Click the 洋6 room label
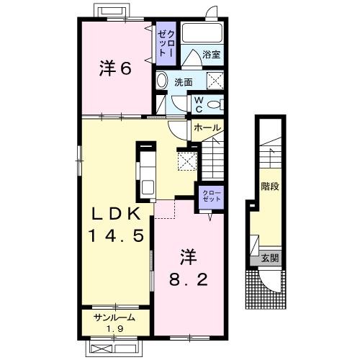click(x=115, y=68)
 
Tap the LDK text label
click(x=117, y=213)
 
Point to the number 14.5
click(x=117, y=235)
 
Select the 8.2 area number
click(x=189, y=279)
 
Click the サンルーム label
click(x=114, y=318)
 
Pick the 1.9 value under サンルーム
click(x=115, y=329)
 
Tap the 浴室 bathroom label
click(x=211, y=55)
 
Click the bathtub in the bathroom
click(x=202, y=33)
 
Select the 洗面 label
click(x=184, y=82)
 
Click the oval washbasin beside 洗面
click(x=162, y=81)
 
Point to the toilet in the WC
click(x=215, y=104)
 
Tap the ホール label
click(x=207, y=127)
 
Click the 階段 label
click(x=270, y=186)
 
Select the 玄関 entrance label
click(x=270, y=258)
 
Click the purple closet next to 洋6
click(x=166, y=43)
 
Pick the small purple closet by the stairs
click(x=212, y=197)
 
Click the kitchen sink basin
click(x=148, y=187)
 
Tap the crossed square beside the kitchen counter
click(x=187, y=161)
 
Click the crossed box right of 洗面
click(x=215, y=81)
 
